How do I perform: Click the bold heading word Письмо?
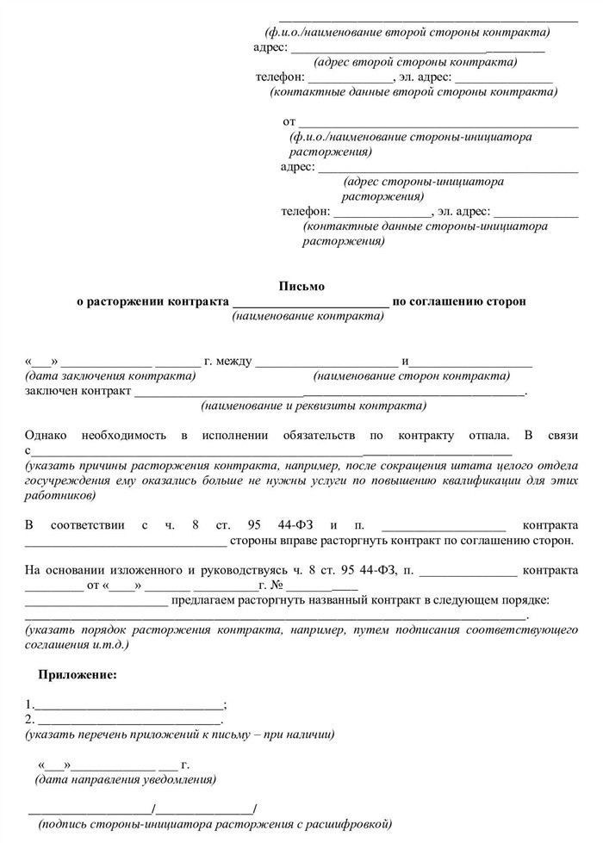coord(301,286)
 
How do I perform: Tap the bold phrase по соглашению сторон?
coord(458,301)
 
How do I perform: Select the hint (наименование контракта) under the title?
coord(308,316)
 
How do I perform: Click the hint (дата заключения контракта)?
coord(110,376)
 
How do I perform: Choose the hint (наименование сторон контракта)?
coord(411,376)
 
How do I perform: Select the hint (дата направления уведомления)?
coord(125,779)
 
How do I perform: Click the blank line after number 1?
coord(127,704)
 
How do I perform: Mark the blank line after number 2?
coord(129,720)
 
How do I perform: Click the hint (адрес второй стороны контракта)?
coord(415,62)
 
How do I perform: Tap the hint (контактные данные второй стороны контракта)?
coord(413,90)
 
